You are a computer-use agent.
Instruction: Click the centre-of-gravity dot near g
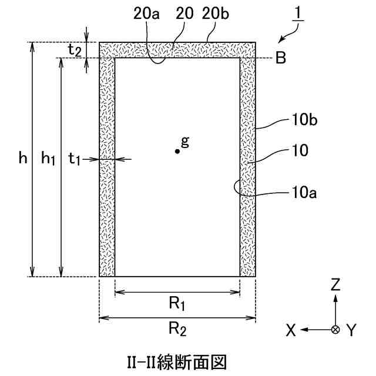tap(177, 151)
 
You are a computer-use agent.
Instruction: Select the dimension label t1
tap(75, 158)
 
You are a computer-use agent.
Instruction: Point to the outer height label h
tap(22, 158)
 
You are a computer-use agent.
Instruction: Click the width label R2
tap(177, 330)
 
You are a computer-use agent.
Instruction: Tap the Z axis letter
tap(335, 285)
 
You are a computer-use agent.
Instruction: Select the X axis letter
tap(290, 331)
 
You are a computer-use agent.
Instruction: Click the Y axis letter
tap(351, 331)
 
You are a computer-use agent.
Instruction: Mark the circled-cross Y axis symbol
tap(335, 330)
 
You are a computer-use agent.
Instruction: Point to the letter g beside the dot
tap(185, 142)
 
